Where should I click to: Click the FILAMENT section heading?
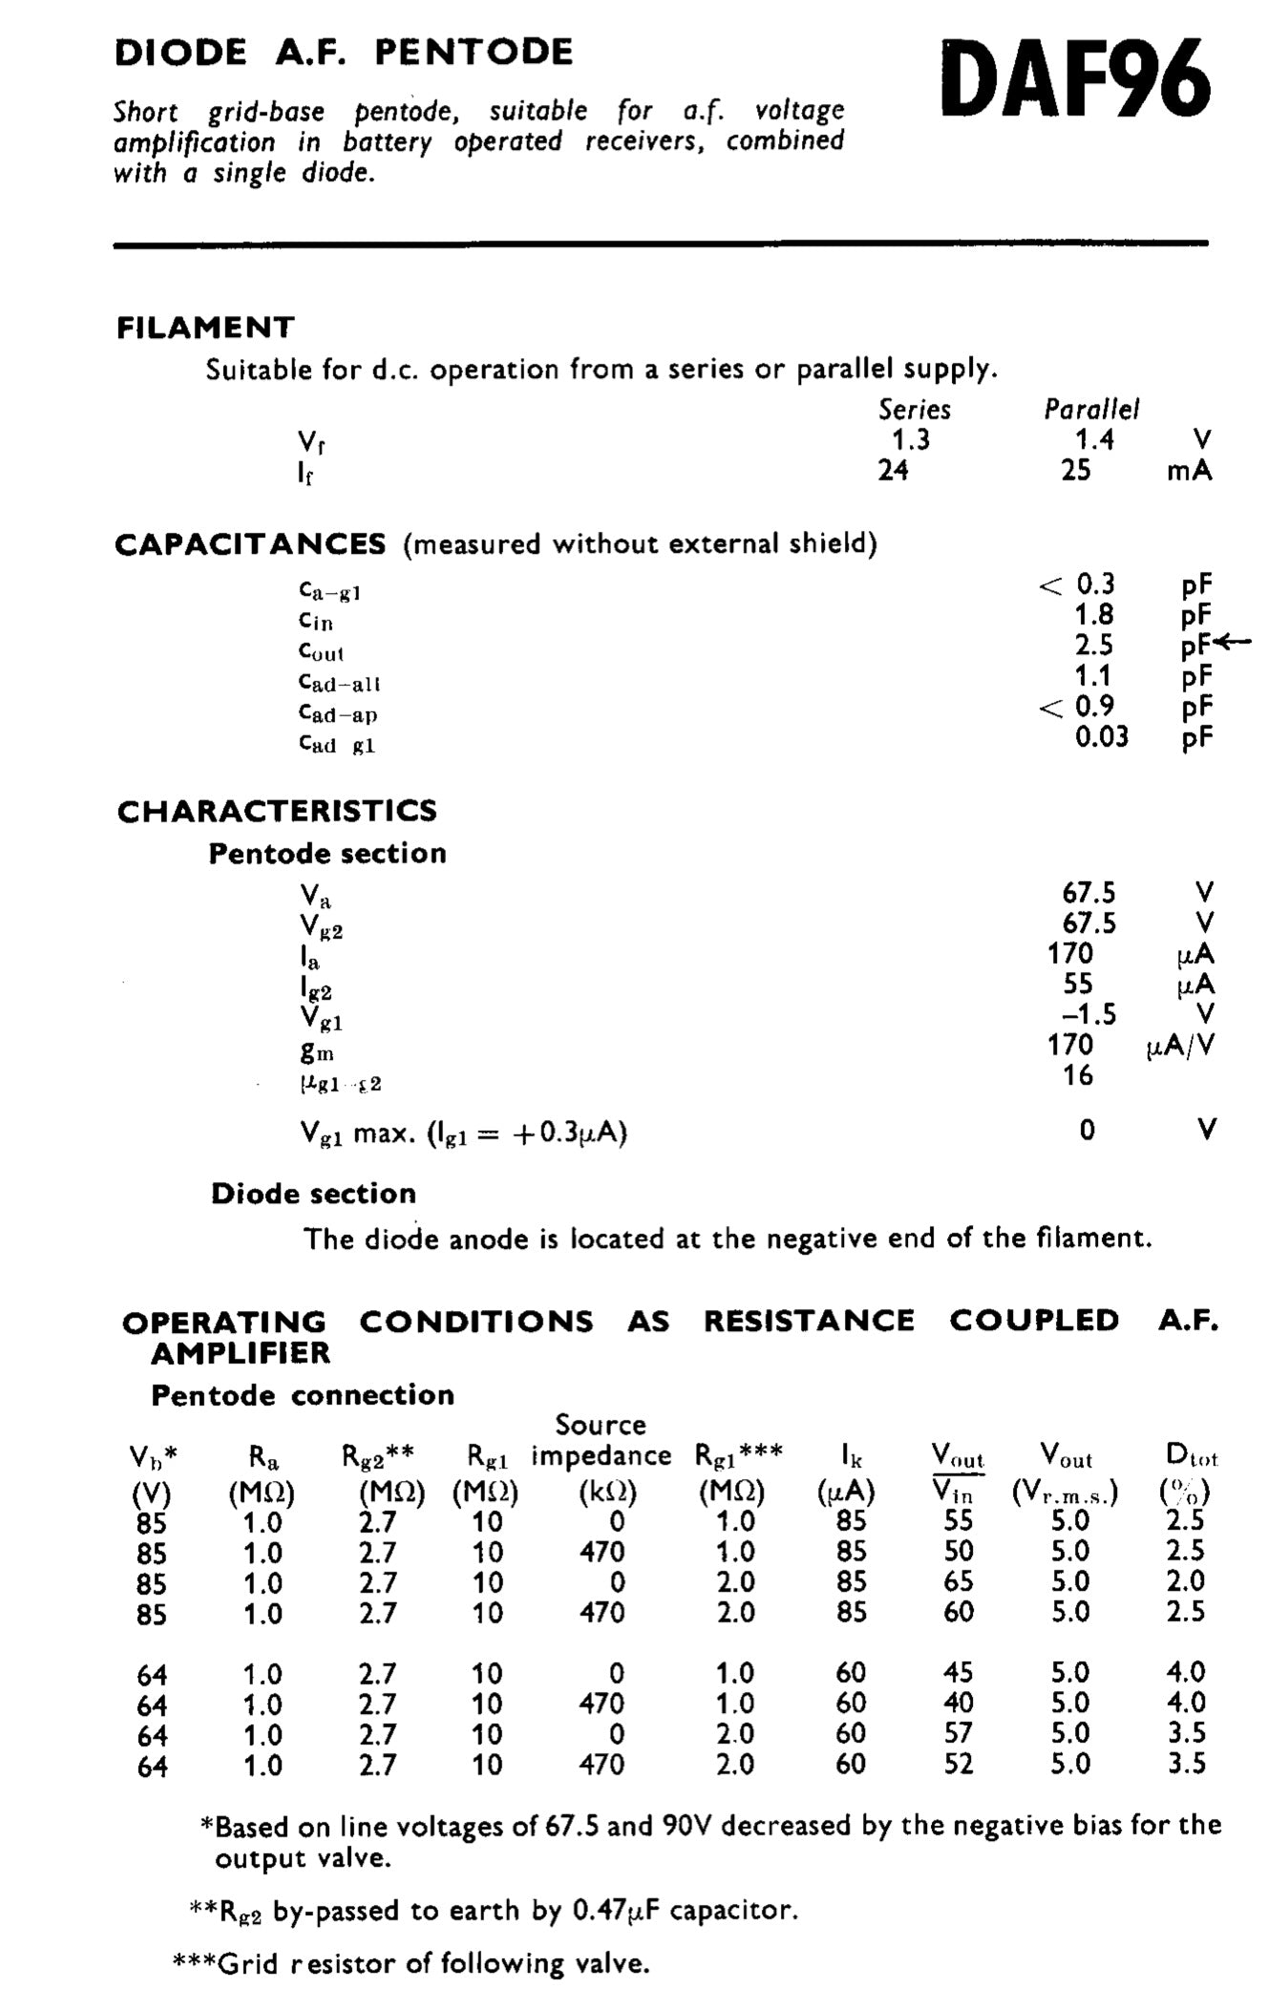(x=205, y=328)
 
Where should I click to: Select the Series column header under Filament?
(x=914, y=410)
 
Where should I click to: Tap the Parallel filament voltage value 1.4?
(x=1093, y=439)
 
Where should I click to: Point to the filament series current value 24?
(x=893, y=470)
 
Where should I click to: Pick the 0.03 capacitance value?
(x=1101, y=736)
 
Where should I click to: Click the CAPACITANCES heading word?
(x=250, y=544)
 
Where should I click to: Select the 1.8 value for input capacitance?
(x=1094, y=614)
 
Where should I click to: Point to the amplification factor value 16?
(x=1077, y=1075)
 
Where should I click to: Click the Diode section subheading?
(x=313, y=1194)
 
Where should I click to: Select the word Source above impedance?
(x=601, y=1425)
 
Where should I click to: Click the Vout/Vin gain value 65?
(x=958, y=1581)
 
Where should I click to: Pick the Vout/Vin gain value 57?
(x=958, y=1733)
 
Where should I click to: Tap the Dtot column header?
(x=1191, y=1456)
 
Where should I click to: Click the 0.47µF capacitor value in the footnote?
(x=613, y=1911)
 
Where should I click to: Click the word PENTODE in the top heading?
(x=474, y=52)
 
